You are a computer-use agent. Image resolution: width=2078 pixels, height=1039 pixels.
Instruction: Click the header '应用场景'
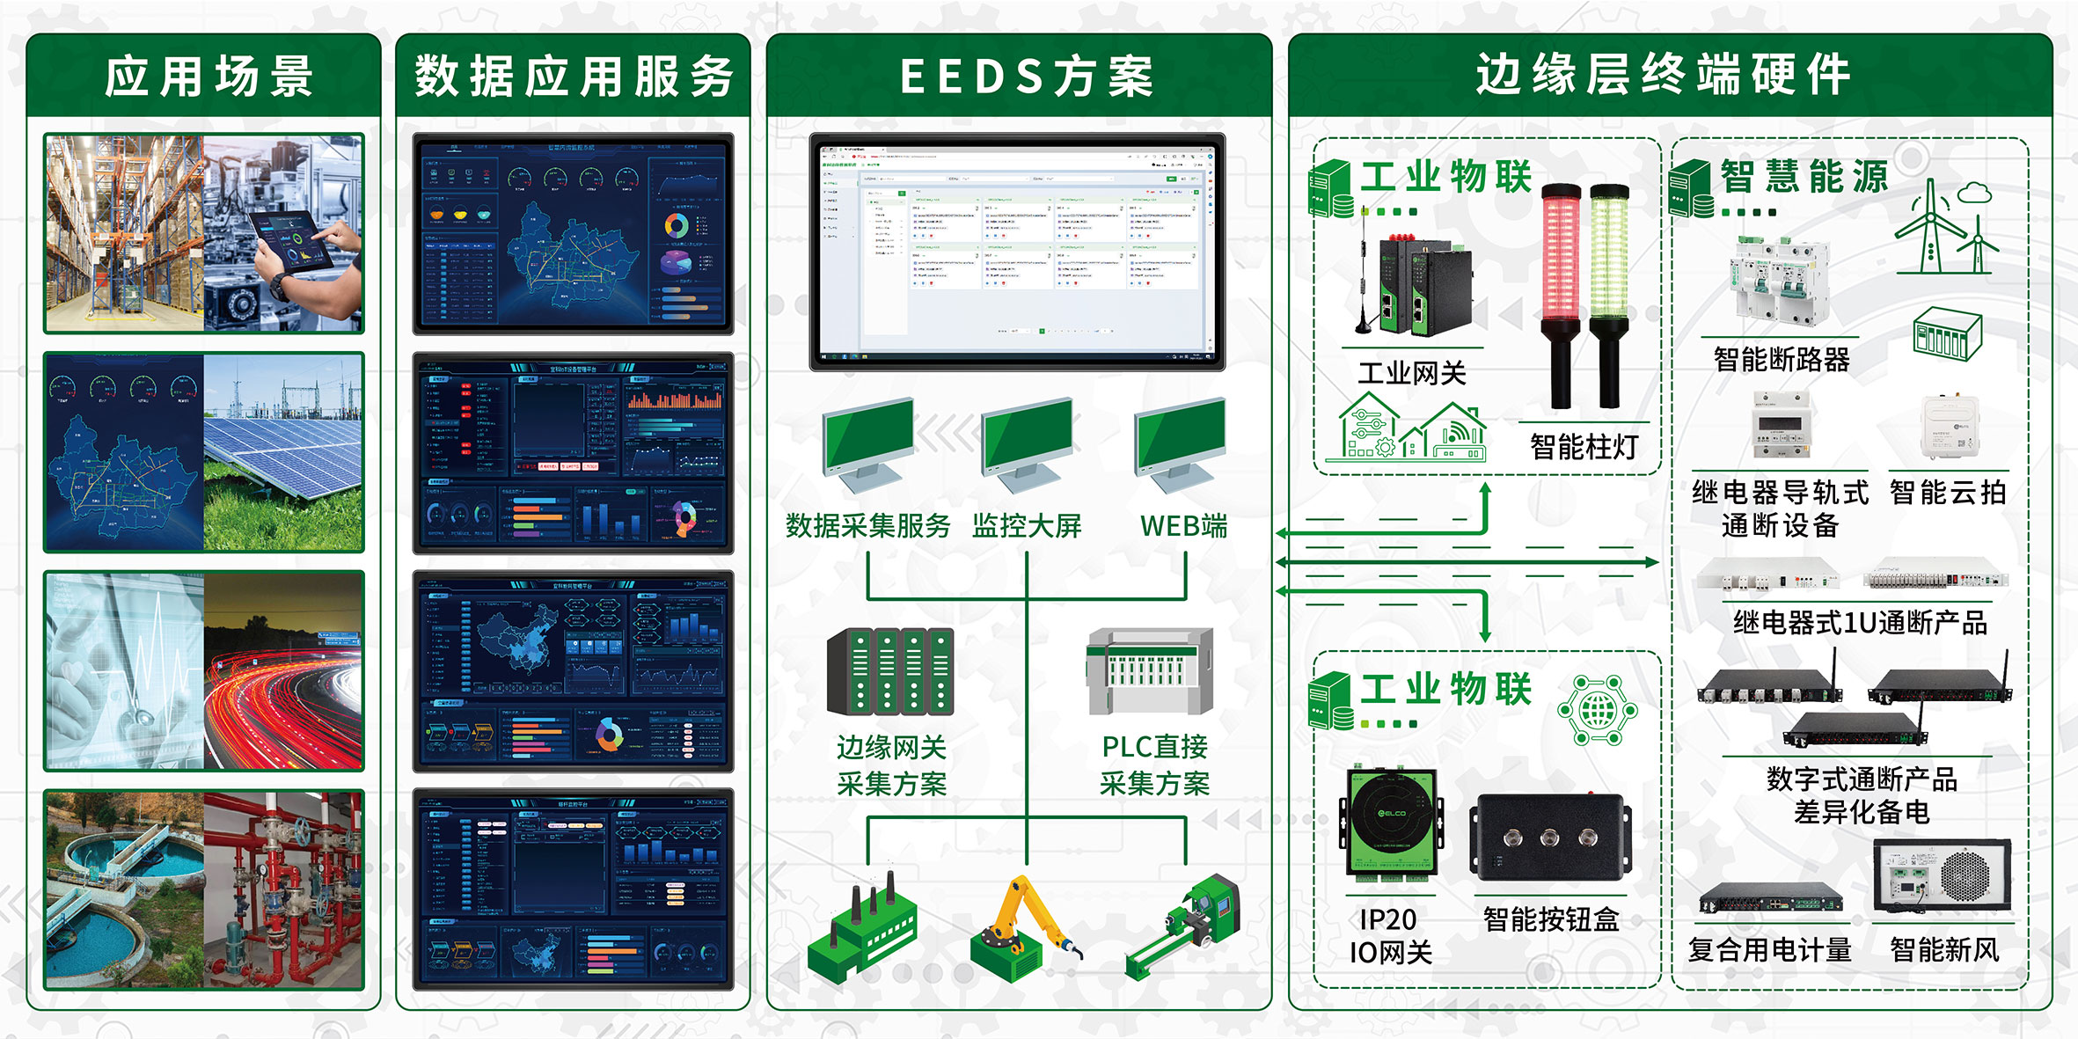click(x=209, y=76)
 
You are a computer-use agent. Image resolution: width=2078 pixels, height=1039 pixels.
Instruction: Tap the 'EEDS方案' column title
click(x=1025, y=76)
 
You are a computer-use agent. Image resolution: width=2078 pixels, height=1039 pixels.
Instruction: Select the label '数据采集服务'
click(x=867, y=526)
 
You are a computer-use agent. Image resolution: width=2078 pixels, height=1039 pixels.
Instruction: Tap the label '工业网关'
click(x=1411, y=373)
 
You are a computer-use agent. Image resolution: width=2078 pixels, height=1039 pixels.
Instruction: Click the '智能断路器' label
click(x=1782, y=359)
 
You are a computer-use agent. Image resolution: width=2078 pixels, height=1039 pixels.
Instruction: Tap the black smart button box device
click(x=1550, y=837)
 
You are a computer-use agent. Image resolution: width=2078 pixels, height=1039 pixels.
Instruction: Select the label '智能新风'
click(x=1944, y=949)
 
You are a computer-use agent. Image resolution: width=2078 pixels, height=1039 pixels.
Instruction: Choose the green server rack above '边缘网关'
click(x=889, y=670)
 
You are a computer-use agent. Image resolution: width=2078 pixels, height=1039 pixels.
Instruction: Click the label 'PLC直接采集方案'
click(x=1154, y=765)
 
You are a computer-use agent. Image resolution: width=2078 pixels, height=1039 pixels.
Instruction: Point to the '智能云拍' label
click(x=1948, y=492)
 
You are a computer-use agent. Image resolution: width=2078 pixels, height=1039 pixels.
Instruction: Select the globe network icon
click(x=1598, y=709)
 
